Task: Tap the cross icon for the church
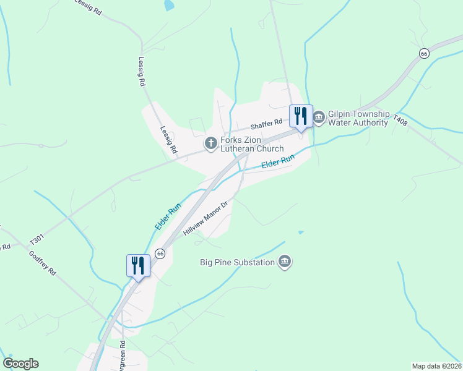pos(210,143)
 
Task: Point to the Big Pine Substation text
pos(237,262)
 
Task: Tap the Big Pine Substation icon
pos(285,262)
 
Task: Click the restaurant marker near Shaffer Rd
pos(301,116)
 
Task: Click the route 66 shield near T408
pos(423,54)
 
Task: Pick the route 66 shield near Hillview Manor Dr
pos(160,254)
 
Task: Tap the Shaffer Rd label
pos(266,124)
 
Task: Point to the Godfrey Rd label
pos(42,263)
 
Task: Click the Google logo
pos(21,364)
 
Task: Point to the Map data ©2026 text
pos(436,365)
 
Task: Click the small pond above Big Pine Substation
pos(301,232)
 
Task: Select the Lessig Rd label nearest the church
pos(168,140)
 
